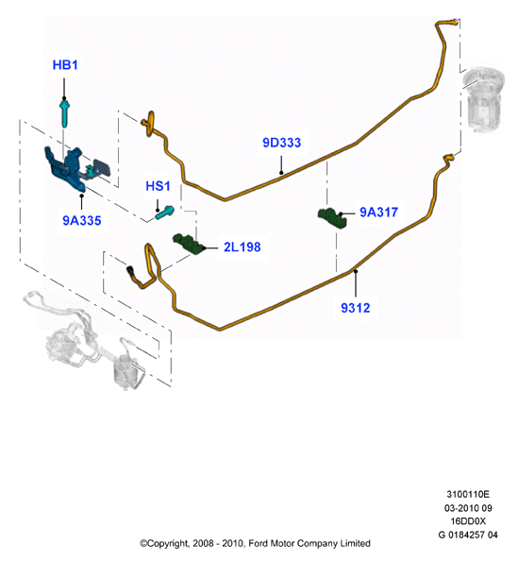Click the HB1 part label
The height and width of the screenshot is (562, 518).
[x=65, y=65]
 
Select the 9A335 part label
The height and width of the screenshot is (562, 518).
[x=82, y=220]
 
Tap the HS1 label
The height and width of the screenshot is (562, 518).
[x=158, y=186]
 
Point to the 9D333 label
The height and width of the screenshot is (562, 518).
[x=282, y=143]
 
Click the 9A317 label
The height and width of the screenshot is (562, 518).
[x=378, y=213]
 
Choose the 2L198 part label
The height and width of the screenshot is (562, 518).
[x=242, y=247]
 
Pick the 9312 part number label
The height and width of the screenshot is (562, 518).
[x=355, y=308]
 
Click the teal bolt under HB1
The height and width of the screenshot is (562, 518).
[x=64, y=113]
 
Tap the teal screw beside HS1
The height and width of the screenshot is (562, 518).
[x=165, y=213]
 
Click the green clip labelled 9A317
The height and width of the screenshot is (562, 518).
[x=332, y=217]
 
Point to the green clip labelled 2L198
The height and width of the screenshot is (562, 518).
[x=189, y=244]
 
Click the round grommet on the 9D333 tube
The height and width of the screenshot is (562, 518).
[x=151, y=124]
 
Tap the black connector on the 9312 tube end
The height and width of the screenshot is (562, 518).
[x=130, y=270]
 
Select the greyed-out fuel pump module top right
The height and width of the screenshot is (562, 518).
[x=483, y=98]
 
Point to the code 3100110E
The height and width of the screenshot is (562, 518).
[x=468, y=495]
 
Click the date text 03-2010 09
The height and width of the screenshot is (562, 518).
[x=468, y=508]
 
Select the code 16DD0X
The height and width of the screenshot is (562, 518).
[x=468, y=521]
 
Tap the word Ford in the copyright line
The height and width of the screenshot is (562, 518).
[x=259, y=543]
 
